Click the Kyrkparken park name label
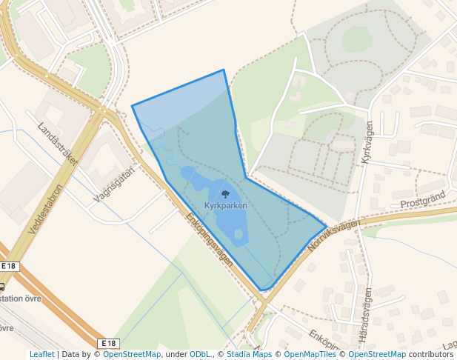pyautogui.click(x=225, y=205)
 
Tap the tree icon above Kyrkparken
pyautogui.click(x=225, y=194)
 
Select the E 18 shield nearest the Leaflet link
pyautogui.click(x=108, y=343)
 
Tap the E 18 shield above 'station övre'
pyautogui.click(x=8, y=266)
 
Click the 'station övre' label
pyautogui.click(x=21, y=299)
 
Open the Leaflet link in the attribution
pyautogui.click(x=41, y=354)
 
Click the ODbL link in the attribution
pyautogui.click(x=199, y=354)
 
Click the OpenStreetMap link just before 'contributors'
pyautogui.click(x=376, y=354)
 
